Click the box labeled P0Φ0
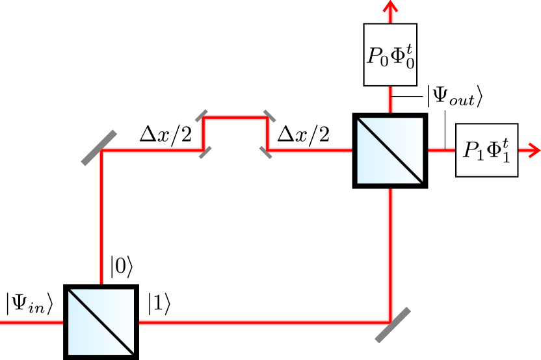coord(390,55)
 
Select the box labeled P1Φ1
coord(486,149)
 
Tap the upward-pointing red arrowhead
coord(390,8)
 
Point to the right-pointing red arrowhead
coord(533,150)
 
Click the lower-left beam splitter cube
coord(101,322)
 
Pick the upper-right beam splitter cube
coord(390,150)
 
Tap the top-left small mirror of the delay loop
coord(202,116)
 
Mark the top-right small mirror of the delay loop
coord(268,116)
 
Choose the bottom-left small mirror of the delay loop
coord(204,152)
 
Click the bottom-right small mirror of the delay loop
coord(266,152)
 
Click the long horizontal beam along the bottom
coord(260,322)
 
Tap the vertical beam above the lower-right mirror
coord(390,253)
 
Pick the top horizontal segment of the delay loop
coord(235,118)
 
